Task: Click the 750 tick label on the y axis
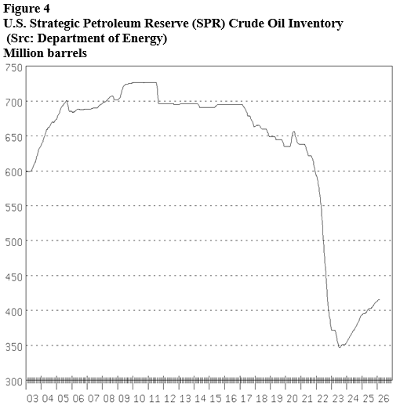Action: coord(13,67)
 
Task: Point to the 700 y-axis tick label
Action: coord(13,102)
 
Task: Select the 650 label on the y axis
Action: coord(13,137)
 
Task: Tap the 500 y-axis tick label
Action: coord(13,241)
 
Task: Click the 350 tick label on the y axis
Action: coord(13,345)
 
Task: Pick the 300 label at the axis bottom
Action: coord(13,381)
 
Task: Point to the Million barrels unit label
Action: coord(45,53)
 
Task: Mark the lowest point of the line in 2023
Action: coord(339,346)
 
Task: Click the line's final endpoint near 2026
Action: coord(380,299)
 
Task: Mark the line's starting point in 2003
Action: coord(27,171)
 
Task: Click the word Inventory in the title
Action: coord(314,24)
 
